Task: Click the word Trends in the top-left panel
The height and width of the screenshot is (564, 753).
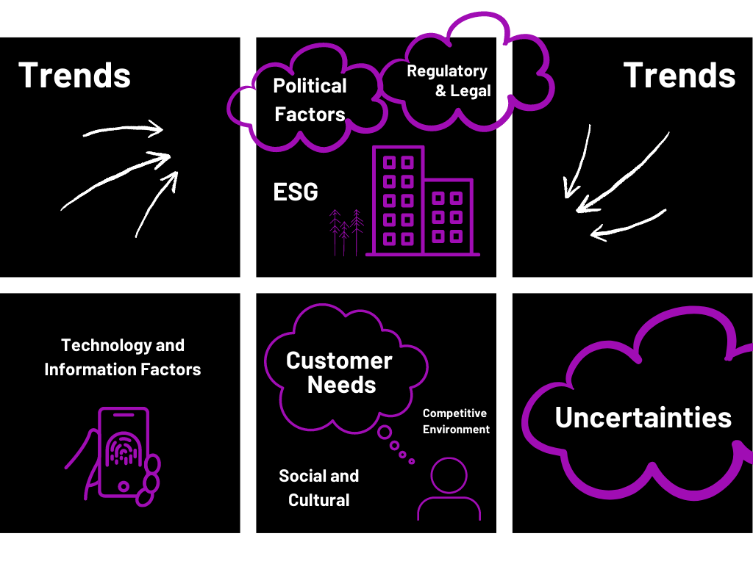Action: [74, 75]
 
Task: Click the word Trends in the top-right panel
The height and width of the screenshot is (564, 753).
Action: [679, 75]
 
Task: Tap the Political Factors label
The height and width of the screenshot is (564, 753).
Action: [310, 100]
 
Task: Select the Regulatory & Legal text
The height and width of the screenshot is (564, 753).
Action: [447, 81]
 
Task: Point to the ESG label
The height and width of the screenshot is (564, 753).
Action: [296, 192]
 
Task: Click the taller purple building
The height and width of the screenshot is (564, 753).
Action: [398, 200]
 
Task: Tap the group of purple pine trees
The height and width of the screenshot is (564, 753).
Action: [346, 232]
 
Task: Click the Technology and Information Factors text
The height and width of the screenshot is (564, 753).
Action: [122, 357]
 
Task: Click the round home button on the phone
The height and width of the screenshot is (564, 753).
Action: [123, 485]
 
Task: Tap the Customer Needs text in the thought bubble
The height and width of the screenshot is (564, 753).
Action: [339, 372]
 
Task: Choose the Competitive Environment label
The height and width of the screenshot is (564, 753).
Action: [456, 422]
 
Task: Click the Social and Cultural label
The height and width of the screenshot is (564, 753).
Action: [318, 488]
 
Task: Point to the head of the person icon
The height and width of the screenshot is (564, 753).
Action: [449, 476]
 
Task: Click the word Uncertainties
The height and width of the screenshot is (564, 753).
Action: [643, 417]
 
